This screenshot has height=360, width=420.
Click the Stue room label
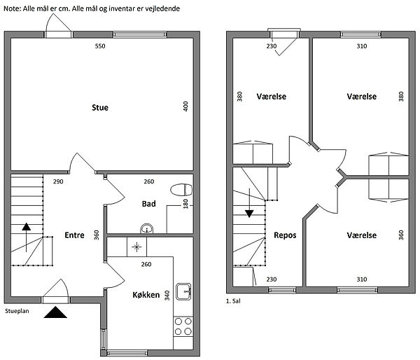(x=100, y=108)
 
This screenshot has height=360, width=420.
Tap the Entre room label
(x=74, y=235)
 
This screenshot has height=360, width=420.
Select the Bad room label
(x=148, y=204)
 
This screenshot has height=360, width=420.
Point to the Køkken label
(x=146, y=295)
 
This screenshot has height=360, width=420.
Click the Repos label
(x=285, y=235)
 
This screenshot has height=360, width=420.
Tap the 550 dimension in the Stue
(x=100, y=46)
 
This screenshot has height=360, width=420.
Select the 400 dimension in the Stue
(x=185, y=106)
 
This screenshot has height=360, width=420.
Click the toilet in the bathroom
(x=181, y=190)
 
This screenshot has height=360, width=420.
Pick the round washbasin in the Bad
(x=147, y=228)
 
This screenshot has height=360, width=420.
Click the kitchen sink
(x=183, y=291)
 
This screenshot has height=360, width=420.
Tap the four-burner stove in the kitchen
(x=183, y=326)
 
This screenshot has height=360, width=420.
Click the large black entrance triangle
(x=55, y=312)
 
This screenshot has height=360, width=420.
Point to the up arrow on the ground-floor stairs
(x=27, y=237)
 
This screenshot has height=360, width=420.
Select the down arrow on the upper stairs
(x=249, y=203)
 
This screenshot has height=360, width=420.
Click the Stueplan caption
(x=17, y=311)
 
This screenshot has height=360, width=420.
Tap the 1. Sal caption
(x=233, y=301)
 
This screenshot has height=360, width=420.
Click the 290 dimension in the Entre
(x=58, y=181)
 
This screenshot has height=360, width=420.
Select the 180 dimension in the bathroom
(x=185, y=204)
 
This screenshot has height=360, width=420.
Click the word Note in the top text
(x=12, y=9)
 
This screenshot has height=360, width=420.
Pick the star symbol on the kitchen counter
(x=136, y=247)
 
